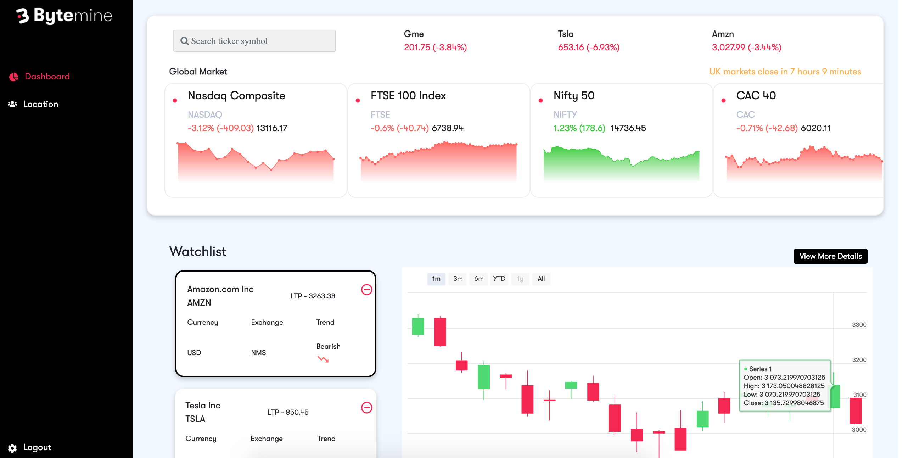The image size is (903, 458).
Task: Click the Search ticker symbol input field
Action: (254, 41)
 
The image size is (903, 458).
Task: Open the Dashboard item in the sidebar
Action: (47, 77)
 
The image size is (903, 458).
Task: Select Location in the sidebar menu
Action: (40, 104)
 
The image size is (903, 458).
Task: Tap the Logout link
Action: (37, 447)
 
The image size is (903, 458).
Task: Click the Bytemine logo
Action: (64, 16)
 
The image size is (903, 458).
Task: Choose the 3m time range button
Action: (458, 279)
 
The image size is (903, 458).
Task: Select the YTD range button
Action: (499, 279)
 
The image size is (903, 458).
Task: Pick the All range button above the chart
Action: (541, 279)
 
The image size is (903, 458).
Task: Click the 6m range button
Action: (478, 279)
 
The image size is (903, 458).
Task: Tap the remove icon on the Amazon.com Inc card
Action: (366, 290)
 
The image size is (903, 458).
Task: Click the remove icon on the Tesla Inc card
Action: (366, 408)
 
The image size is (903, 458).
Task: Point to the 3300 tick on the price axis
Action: (859, 325)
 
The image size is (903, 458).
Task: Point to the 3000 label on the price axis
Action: (859, 430)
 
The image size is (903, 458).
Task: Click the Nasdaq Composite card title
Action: (236, 96)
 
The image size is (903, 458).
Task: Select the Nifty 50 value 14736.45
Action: (628, 128)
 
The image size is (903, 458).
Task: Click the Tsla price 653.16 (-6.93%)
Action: (588, 48)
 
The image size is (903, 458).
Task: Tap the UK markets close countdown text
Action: (785, 72)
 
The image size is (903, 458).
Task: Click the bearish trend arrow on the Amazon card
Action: (323, 359)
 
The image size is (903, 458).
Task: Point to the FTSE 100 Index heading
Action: (408, 96)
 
